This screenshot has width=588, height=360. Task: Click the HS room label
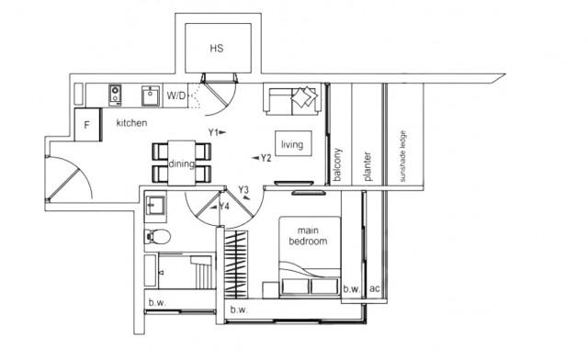(216, 48)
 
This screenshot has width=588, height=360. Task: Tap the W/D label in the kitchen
(176, 95)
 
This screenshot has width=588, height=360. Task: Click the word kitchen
(132, 123)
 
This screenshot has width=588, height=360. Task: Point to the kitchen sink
(147, 94)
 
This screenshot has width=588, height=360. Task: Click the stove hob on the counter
(117, 94)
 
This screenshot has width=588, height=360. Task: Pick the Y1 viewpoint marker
(215, 132)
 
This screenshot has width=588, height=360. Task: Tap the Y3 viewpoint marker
(243, 191)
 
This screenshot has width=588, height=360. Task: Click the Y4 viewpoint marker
(221, 206)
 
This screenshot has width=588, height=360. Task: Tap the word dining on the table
(181, 163)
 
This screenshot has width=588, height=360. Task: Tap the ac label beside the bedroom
(374, 288)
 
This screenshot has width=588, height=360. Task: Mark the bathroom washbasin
(154, 204)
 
